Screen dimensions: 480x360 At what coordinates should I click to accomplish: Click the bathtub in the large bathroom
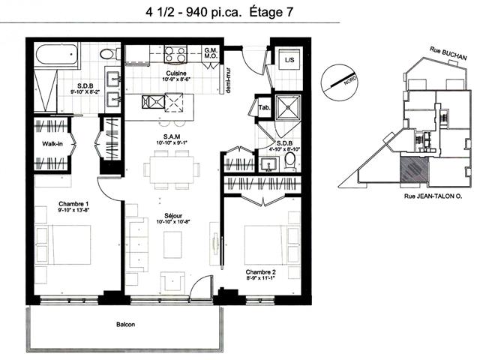click(x=57, y=55)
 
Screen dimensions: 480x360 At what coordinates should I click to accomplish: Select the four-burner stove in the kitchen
click(x=175, y=55)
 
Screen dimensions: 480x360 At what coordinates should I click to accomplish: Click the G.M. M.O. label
click(x=211, y=53)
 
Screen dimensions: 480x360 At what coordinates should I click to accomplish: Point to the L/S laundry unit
click(x=289, y=59)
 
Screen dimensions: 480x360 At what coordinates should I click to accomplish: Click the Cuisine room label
click(x=176, y=73)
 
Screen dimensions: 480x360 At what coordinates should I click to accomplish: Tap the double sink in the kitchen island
click(x=153, y=102)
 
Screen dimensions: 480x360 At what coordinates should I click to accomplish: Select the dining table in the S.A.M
click(x=172, y=169)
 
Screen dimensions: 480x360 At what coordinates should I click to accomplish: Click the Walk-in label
click(x=52, y=143)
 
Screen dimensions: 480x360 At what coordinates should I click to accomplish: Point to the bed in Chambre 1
click(x=63, y=245)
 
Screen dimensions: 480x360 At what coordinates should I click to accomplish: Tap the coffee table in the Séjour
click(x=173, y=245)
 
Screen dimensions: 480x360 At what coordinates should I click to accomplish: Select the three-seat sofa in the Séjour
click(x=137, y=244)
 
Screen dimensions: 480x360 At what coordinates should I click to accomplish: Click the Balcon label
click(x=125, y=324)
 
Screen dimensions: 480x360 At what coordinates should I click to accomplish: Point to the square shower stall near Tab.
click(x=288, y=107)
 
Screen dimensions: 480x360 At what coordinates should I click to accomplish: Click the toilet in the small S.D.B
click(x=289, y=161)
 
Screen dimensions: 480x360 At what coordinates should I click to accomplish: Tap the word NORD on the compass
click(x=349, y=80)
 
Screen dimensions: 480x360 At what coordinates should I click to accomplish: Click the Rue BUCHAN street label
click(x=448, y=53)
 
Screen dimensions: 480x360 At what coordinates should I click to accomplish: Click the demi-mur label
click(x=228, y=80)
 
